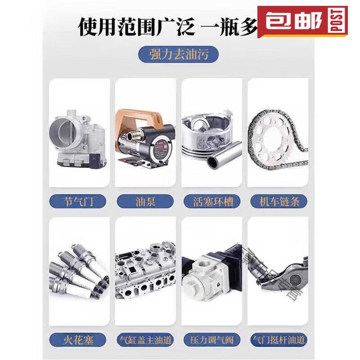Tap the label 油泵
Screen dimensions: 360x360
145,201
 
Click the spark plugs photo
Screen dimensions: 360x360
79,270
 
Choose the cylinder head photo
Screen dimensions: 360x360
145,270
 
